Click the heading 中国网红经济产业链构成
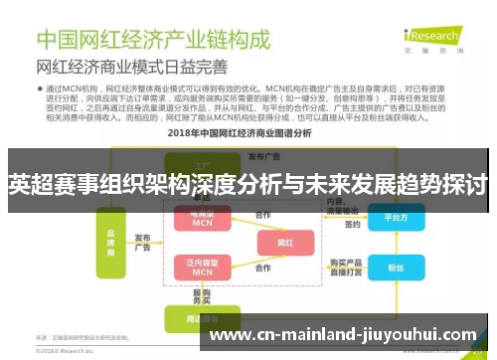153,41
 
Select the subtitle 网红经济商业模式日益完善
131,69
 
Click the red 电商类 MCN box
202,220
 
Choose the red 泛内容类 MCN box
202,267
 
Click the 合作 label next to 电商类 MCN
262,214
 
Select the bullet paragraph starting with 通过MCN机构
248,102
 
